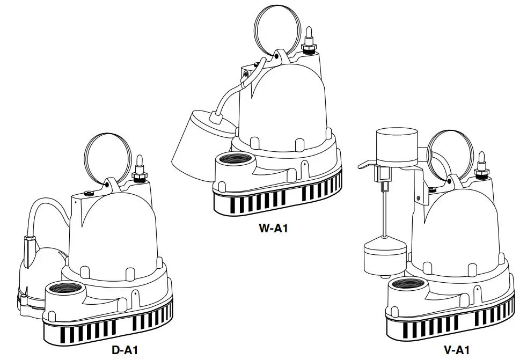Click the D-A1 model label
125,350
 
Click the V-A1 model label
456,350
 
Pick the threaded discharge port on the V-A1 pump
406,285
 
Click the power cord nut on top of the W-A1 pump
309,47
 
